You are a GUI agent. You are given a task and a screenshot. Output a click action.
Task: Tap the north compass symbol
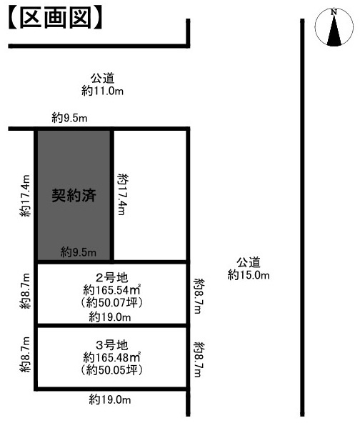[334, 28]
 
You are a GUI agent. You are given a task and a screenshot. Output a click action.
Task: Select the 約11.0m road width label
[103, 91]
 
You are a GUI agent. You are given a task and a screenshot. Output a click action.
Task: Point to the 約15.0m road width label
[248, 274]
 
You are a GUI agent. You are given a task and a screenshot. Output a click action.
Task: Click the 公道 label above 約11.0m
[103, 78]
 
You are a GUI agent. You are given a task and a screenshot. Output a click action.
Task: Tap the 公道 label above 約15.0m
[248, 262]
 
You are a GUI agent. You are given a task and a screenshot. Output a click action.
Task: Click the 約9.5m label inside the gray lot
[79, 252]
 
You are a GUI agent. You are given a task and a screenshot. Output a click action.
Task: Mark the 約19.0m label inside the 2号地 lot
[110, 317]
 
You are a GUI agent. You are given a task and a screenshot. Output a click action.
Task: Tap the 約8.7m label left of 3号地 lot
[26, 355]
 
